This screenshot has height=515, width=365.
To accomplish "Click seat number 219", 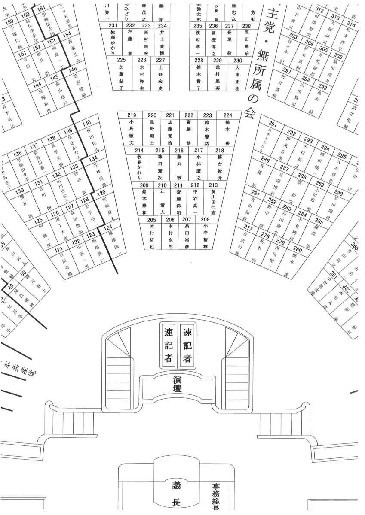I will tap(132, 115).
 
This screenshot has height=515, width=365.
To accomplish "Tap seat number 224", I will tap(228, 115).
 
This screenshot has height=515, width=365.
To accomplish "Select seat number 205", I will tap(152, 219).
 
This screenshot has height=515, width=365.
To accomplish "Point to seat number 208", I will tap(205, 219).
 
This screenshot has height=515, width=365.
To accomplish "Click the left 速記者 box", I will tap(169, 345).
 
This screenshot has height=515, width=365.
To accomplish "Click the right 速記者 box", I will tap(187, 345).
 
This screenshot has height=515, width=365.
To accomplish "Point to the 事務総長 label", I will tap(216, 498).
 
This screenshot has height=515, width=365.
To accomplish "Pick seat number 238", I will tap(246, 26).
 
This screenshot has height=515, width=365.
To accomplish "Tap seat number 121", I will tap(59, 249).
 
